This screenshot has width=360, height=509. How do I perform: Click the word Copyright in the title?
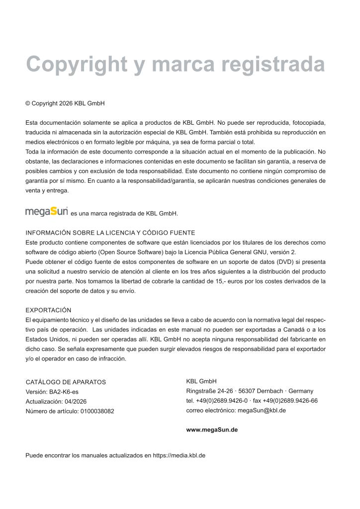point(76,65)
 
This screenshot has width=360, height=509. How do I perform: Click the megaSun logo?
point(46,212)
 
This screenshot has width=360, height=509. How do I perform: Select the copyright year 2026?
point(66,103)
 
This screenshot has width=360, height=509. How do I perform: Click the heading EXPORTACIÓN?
point(48,310)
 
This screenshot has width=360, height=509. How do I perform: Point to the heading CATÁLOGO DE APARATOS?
point(66,382)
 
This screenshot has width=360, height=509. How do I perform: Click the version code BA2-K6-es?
point(64,392)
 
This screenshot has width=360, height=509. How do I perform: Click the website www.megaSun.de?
point(212,429)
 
